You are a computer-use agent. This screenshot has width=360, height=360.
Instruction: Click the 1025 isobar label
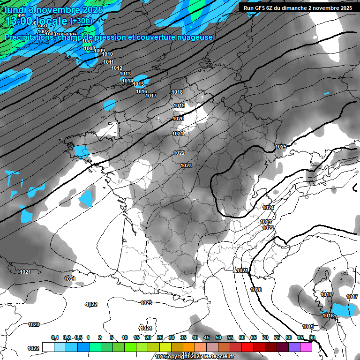coord(280,147)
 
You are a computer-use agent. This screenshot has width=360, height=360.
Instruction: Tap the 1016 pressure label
coord(142,91)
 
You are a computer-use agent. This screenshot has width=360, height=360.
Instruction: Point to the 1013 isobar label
coord(125,74)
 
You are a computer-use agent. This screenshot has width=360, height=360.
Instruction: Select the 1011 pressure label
coord(108,62)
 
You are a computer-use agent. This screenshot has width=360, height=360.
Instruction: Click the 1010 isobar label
coord(107,54)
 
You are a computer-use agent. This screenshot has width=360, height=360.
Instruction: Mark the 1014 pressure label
coord(127,81)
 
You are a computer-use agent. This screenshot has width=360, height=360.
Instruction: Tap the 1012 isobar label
coord(117,68)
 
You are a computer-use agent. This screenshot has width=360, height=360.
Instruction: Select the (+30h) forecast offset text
coord(81,21)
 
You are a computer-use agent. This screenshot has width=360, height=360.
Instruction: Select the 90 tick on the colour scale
coord(312,337)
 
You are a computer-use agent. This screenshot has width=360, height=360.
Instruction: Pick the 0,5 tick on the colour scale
coord(78,337)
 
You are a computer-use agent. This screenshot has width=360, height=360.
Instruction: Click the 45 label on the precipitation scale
coord(207,337)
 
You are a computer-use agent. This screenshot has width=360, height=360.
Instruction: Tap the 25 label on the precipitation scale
coord(160,337)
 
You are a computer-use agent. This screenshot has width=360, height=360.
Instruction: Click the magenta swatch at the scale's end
coord(306,347)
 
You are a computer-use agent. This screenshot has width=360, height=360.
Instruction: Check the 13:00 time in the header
coord(19,21)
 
